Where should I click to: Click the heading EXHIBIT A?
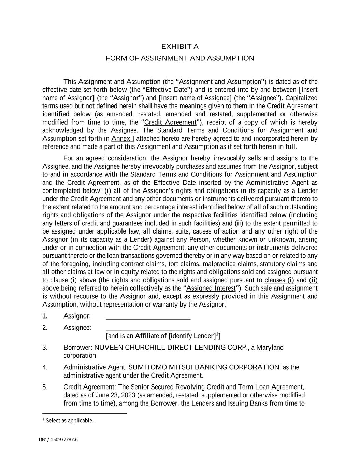[180, 46]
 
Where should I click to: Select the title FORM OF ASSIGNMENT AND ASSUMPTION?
[180, 58]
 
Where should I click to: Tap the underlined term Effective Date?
[167, 90]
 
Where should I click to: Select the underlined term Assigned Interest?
[211, 288]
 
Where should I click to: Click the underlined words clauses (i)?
[279, 280]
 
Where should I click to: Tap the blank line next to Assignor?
[148, 317]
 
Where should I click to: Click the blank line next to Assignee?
[148, 329]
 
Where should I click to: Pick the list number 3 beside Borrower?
[45, 348]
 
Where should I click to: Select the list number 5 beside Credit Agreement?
[45, 387]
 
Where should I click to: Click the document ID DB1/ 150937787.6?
[58, 440]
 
